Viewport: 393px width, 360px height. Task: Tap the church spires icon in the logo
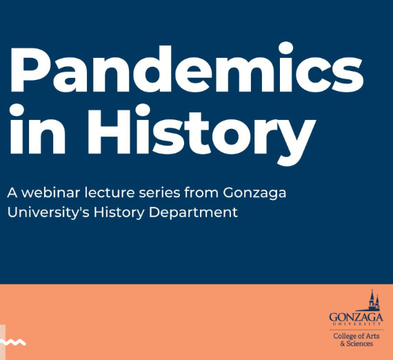point(373,301)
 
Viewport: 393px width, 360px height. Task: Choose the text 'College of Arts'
point(355,335)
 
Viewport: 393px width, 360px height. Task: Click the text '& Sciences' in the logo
point(356,343)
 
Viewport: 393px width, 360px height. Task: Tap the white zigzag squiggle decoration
point(13,341)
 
